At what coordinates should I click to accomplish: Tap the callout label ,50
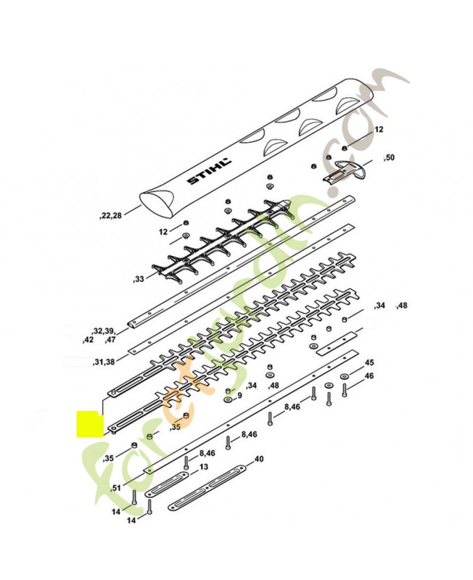[x=389, y=158]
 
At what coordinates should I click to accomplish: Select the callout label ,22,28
[x=110, y=216]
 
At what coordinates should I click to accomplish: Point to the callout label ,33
[x=138, y=279]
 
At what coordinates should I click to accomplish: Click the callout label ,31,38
[x=103, y=362]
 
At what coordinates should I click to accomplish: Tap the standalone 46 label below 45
[x=369, y=376]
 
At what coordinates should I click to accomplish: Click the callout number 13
[x=204, y=467]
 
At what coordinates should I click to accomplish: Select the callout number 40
[x=259, y=459]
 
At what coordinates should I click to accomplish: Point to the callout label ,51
[x=116, y=488]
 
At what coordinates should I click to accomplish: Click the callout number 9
[x=239, y=396]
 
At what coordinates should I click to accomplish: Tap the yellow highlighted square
[x=90, y=424]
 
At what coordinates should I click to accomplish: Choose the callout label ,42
[x=88, y=340]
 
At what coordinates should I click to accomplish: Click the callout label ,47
[x=110, y=340]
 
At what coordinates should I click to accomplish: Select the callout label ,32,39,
[x=104, y=331]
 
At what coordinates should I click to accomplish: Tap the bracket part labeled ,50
[x=344, y=171]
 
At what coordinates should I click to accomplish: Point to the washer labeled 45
[x=344, y=376]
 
